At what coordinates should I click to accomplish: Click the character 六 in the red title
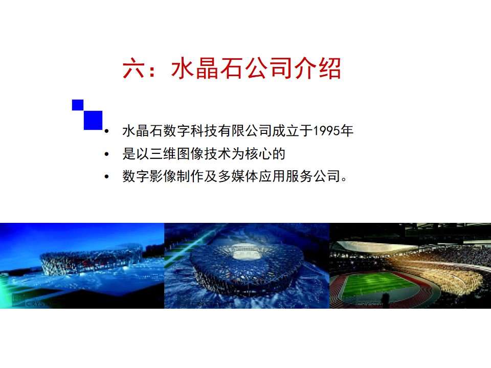(x=133, y=68)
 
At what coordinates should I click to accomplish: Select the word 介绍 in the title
(x=317, y=68)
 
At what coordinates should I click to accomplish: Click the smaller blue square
(x=78, y=105)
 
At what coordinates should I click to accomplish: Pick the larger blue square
(x=93, y=120)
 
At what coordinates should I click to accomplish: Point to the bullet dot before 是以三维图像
(x=107, y=154)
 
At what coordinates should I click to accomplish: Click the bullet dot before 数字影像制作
(x=107, y=177)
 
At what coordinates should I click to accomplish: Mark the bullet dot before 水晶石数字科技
(x=107, y=131)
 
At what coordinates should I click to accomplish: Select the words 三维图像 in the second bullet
(x=177, y=154)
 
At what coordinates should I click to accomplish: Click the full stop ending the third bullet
(x=344, y=179)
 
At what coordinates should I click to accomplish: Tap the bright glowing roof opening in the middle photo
(x=245, y=252)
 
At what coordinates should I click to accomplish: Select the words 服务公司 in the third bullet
(x=313, y=176)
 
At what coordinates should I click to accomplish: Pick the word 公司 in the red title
(x=268, y=68)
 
